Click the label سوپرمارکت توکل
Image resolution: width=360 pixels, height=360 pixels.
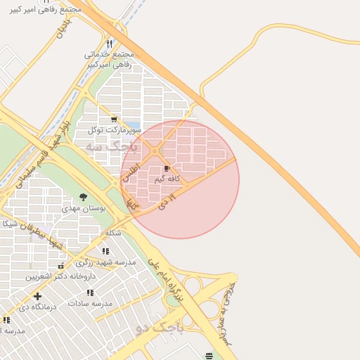tap(115, 130)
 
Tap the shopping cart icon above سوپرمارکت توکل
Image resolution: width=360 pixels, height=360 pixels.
tap(114, 120)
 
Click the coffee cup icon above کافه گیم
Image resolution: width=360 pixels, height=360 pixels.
tap(167, 169)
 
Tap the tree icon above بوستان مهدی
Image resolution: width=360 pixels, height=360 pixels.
tap(84, 198)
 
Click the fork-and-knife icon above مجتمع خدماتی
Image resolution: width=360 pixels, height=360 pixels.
tap(109, 44)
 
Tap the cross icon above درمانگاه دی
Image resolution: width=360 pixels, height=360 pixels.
tap(37, 296)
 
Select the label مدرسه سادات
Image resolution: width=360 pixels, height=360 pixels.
tap(90, 303)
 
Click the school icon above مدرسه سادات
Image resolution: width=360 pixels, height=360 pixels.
tap(90, 292)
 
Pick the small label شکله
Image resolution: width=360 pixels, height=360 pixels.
tap(112, 233)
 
